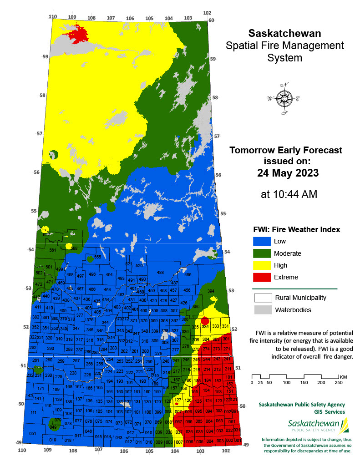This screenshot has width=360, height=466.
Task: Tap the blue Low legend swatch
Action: tap(261, 242)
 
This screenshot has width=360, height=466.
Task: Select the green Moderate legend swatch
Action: tap(261, 253)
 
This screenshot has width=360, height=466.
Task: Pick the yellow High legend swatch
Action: tap(261, 265)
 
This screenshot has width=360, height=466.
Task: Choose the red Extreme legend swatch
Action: tap(261, 277)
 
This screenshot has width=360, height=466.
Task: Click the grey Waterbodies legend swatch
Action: tap(261, 310)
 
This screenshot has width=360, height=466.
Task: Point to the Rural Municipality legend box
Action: tap(261, 299)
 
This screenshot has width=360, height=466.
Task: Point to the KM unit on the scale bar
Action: tap(343, 377)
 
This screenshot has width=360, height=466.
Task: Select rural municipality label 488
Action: tap(160, 273)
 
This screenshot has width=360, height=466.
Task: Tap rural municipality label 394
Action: tap(211, 291)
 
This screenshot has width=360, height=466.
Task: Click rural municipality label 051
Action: tap(32, 434)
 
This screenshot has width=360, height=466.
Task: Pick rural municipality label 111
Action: tap(33, 413)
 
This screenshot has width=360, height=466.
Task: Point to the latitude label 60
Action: tap(211, 20)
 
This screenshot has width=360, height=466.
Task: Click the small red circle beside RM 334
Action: tap(205, 321)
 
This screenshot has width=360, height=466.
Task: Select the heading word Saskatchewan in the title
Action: tap(284, 34)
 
